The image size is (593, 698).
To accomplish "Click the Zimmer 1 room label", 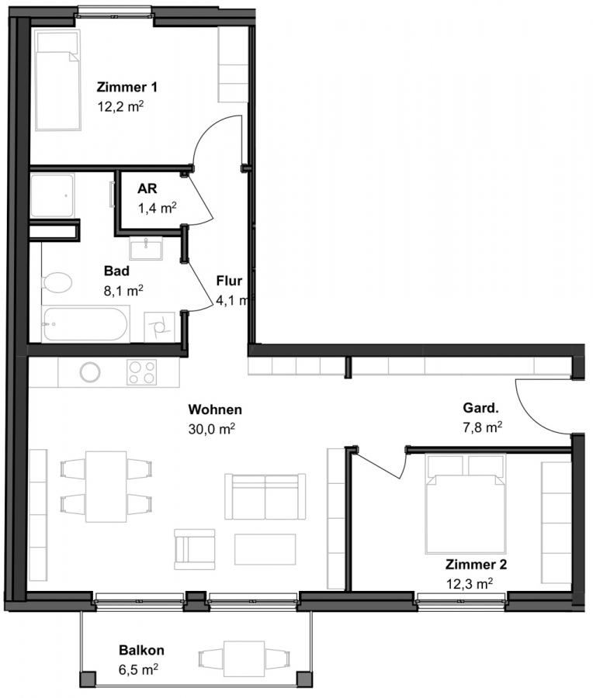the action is click(x=127, y=87).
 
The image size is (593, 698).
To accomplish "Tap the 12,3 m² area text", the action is click(x=470, y=583).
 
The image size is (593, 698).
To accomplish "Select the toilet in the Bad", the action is click(x=57, y=282).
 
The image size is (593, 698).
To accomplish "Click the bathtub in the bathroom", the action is click(x=85, y=323).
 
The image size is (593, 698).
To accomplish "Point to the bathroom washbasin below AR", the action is click(x=146, y=248).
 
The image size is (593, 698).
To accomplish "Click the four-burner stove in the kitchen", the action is click(x=142, y=372).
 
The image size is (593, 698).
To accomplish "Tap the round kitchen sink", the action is click(x=90, y=372).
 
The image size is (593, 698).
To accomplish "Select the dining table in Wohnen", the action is click(x=106, y=486).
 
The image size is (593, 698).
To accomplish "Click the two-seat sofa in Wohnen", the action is click(x=265, y=496).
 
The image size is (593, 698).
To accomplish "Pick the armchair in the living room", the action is click(x=194, y=549).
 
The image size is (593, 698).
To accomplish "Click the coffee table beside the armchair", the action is click(x=265, y=549).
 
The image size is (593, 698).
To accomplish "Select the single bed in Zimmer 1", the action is click(x=58, y=80).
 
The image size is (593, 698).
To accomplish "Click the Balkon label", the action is click(x=142, y=650).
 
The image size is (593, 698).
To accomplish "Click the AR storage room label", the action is click(x=147, y=188).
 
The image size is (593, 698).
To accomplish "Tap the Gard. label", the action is click(x=480, y=408).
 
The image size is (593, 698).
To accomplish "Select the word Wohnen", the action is click(x=215, y=409).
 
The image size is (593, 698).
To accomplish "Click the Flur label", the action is click(x=229, y=281).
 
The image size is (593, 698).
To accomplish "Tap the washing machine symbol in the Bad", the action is click(x=159, y=327).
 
